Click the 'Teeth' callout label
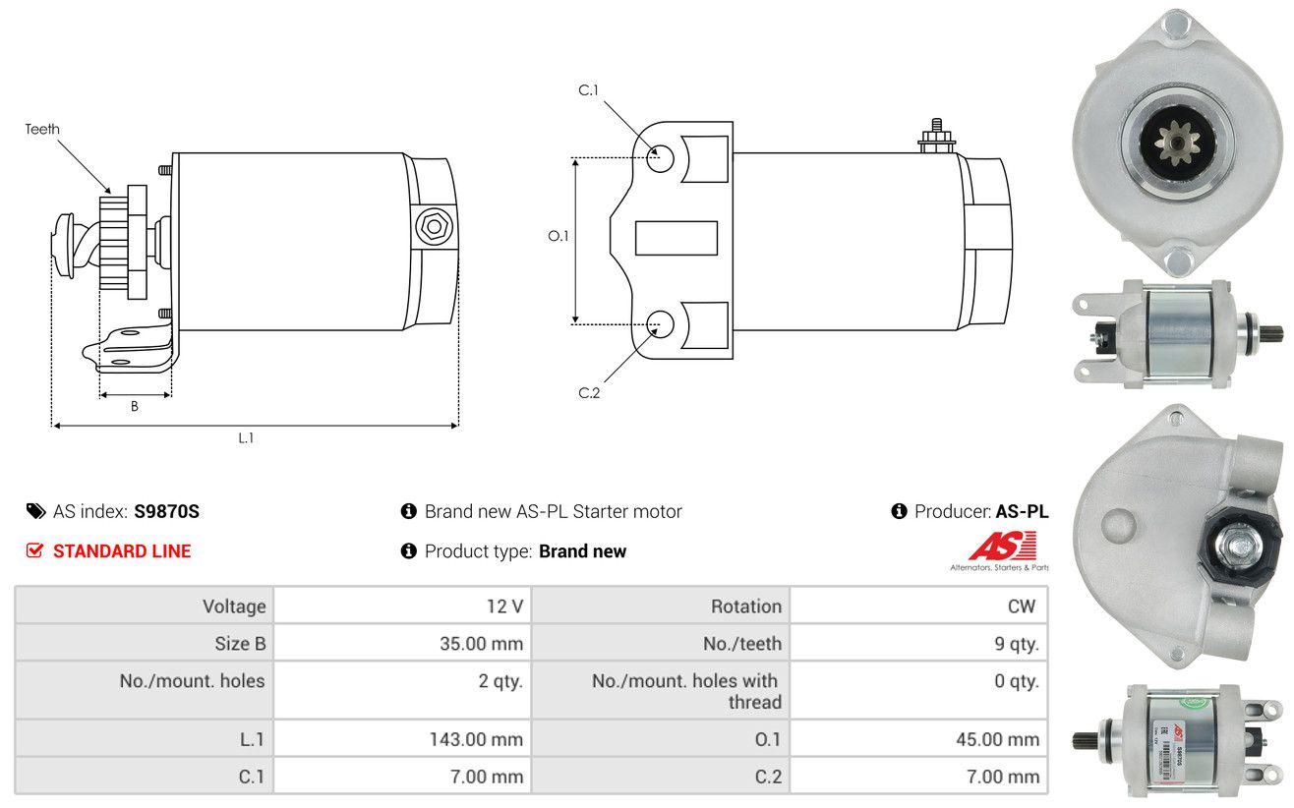pos(42,129)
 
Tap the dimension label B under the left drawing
pos(135,406)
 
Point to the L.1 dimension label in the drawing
pos(246,437)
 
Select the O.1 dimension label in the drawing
pos(559,236)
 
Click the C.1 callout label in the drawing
pos(589,90)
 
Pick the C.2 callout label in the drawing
pos(589,393)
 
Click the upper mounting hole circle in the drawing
pos(660,159)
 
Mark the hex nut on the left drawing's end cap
pos(434,227)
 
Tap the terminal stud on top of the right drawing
pos(936,137)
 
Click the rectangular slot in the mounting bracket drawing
pos(676,238)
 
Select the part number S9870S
pos(166,511)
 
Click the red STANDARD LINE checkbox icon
pos(34,550)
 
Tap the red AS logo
pos(1002,546)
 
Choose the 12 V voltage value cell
pos(402,606)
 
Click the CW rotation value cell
pos(918,606)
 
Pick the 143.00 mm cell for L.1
pos(402,738)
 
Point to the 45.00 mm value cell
pos(918,738)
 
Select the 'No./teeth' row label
pos(742,644)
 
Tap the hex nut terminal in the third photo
pos(1237,546)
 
